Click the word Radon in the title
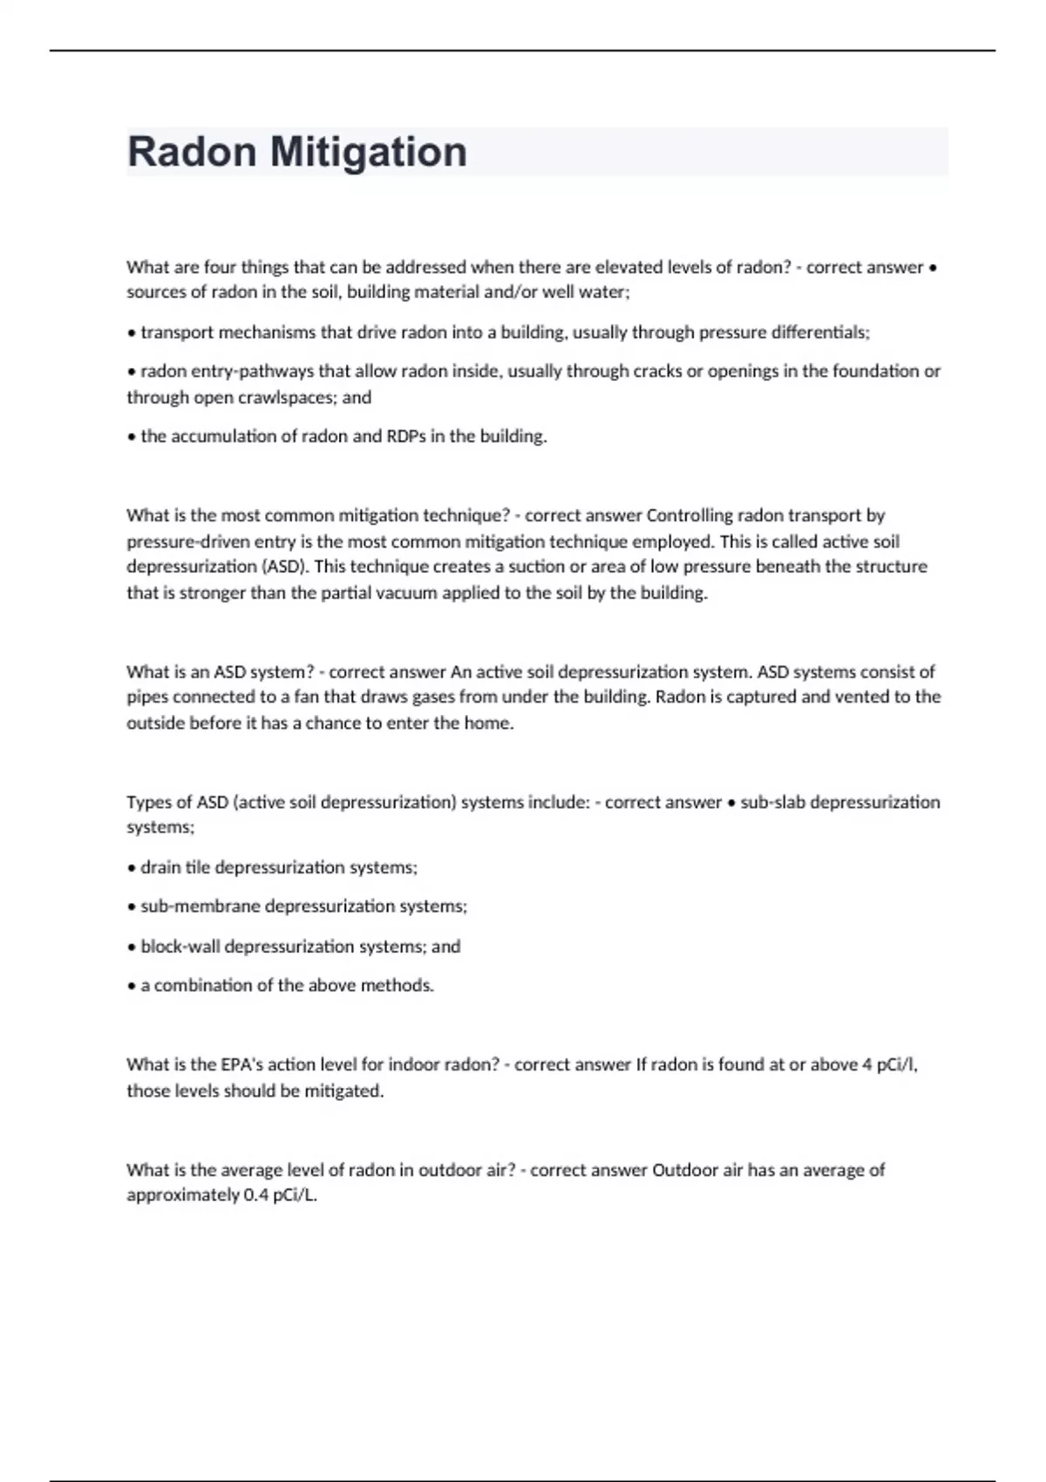193,152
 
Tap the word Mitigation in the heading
369,152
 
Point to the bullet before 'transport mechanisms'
132,333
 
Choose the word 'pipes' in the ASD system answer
147,697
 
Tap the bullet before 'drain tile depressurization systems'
132,868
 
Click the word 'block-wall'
180,947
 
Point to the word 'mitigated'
343,1091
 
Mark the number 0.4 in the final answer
255,1195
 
